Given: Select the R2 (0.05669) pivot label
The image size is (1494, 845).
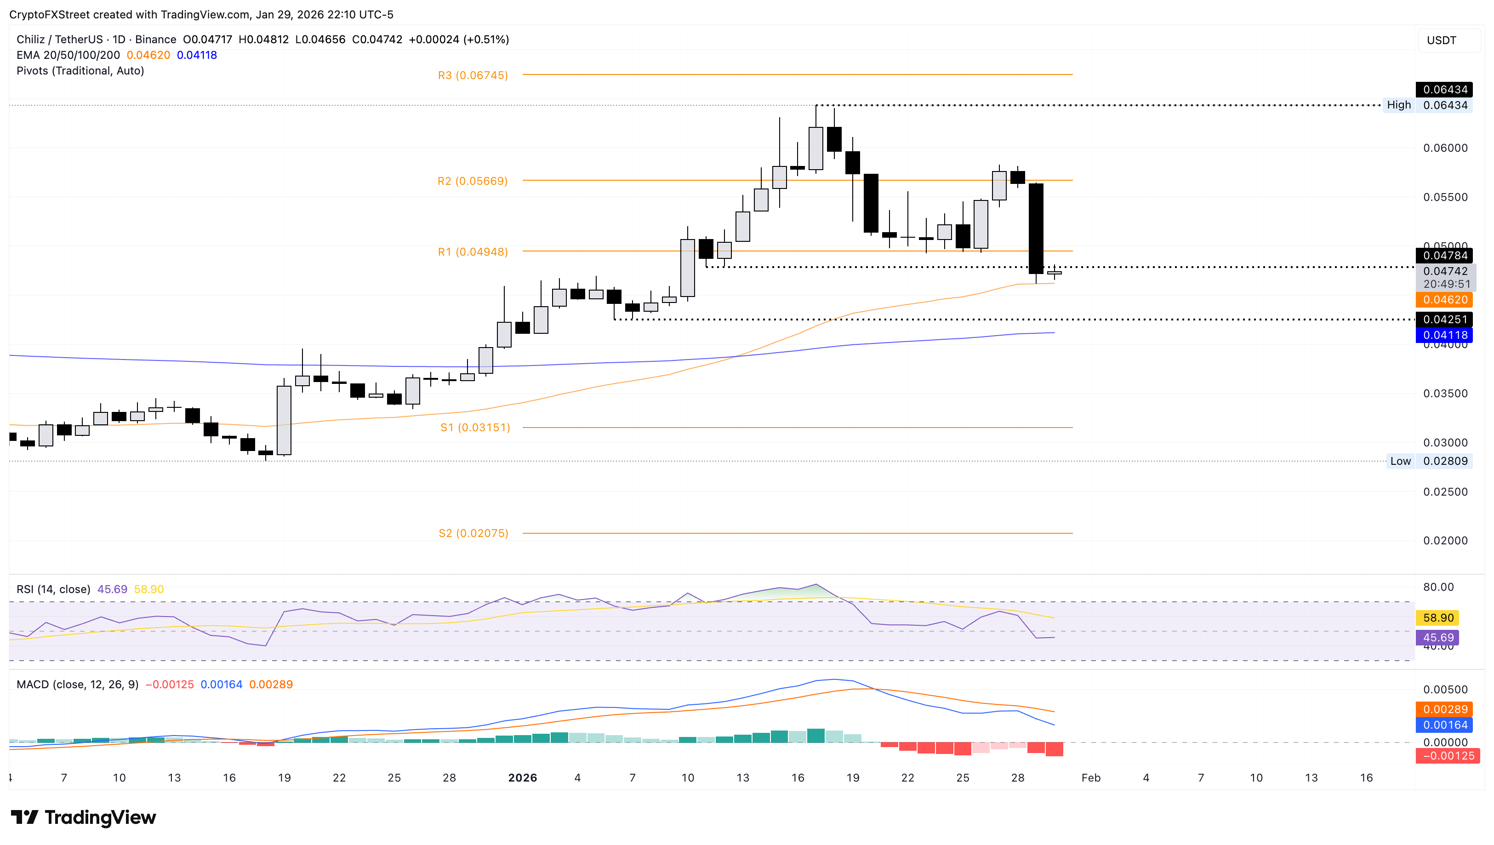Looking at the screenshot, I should pos(472,181).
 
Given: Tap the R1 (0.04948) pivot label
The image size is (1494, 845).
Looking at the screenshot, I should pos(472,252).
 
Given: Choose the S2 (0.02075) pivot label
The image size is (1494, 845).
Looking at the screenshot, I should pos(473,533).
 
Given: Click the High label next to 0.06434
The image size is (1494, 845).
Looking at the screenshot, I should pos(1398,105).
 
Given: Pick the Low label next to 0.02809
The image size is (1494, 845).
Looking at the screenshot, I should pos(1400,462).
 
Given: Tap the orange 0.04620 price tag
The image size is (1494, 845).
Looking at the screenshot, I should pos(1445,300).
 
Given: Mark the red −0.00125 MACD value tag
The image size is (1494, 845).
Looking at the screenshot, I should pos(1448,756).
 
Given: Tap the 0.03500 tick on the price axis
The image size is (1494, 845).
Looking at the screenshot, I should pos(1445,394).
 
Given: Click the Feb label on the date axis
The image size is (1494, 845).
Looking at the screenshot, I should pos(1090,778).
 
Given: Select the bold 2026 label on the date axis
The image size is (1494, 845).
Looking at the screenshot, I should pos(522,778).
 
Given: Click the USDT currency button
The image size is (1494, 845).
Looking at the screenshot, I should pos(1441,40).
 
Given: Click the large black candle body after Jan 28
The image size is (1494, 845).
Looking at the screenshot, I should pos(1036,228).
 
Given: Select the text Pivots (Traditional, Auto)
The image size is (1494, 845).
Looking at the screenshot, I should pos(80,71).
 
